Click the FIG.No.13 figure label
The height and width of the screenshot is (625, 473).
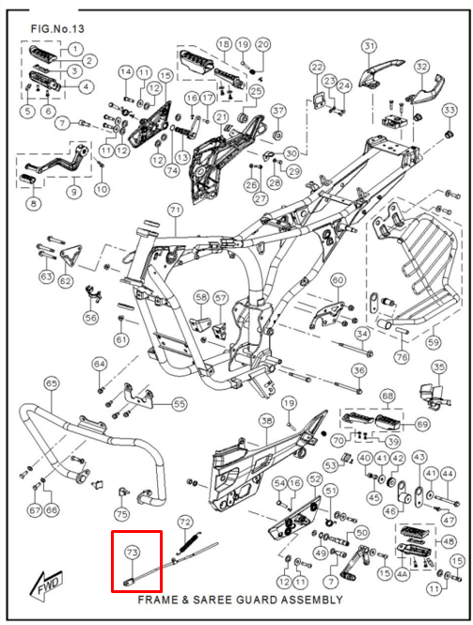(57, 29)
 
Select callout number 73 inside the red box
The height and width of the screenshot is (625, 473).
(132, 553)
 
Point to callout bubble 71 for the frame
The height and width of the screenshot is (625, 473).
(175, 211)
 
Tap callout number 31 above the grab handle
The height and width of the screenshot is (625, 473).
(370, 46)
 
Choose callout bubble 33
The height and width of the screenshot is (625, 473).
(449, 110)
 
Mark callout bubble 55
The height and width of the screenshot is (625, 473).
(179, 404)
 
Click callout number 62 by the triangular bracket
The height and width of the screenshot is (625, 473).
(66, 281)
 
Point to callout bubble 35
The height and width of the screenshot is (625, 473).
(439, 367)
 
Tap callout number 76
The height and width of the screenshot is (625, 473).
(402, 357)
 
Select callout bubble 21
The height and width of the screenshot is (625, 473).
(221, 117)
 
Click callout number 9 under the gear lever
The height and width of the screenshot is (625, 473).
(73, 192)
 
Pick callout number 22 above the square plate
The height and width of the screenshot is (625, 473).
(317, 68)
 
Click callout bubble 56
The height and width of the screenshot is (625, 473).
(91, 318)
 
